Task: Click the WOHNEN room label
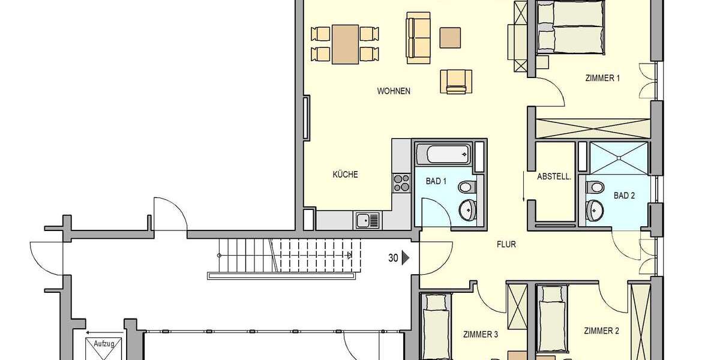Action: (x=394, y=91)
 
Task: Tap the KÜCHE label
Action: (x=346, y=175)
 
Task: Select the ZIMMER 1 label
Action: (x=602, y=78)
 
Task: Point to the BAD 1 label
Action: (x=436, y=181)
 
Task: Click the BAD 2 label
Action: (x=624, y=196)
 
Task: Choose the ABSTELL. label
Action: (x=554, y=177)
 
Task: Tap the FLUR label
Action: (x=506, y=244)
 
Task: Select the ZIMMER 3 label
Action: (x=481, y=335)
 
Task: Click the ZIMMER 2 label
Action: (x=601, y=331)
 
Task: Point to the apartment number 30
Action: (x=394, y=258)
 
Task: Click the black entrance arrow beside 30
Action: (x=406, y=258)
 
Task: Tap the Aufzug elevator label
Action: (x=104, y=344)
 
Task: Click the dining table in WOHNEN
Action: (x=345, y=44)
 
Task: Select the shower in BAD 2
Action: (x=619, y=157)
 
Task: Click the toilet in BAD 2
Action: (x=595, y=187)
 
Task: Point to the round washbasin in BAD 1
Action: (x=466, y=210)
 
